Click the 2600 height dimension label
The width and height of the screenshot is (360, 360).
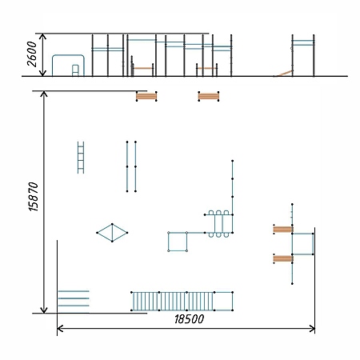(32, 54)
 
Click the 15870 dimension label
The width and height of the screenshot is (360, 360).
(34, 197)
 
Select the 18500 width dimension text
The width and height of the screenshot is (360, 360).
(189, 319)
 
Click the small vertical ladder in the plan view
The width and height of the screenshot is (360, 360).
(81, 158)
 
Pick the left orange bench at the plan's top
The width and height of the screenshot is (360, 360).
(146, 96)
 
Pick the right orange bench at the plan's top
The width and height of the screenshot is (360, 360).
(209, 96)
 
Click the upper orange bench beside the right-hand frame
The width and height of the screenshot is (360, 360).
(283, 230)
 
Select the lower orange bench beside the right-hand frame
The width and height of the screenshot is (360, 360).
(283, 258)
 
